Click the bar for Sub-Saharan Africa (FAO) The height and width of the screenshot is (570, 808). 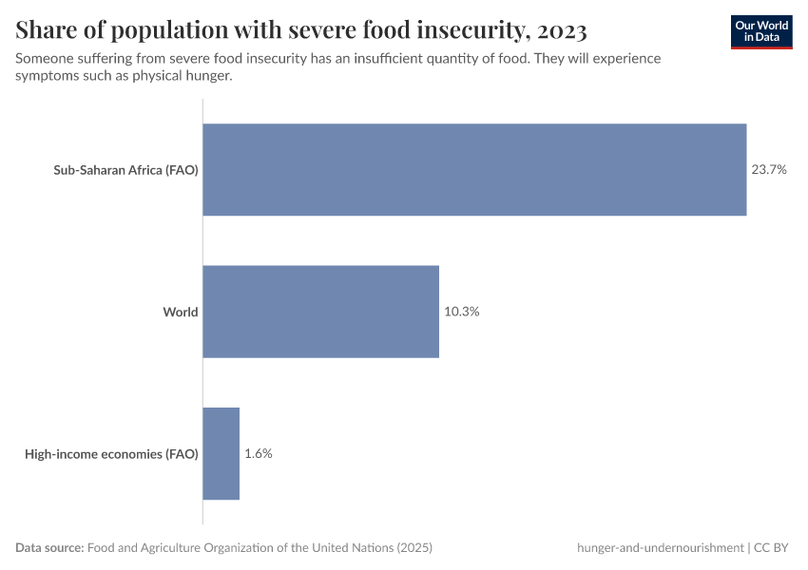click(474, 170)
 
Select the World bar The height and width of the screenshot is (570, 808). click(321, 312)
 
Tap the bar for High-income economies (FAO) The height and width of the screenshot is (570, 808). click(221, 453)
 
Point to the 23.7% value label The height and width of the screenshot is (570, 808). click(769, 170)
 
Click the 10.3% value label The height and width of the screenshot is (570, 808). click(461, 312)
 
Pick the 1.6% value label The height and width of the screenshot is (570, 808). click(259, 453)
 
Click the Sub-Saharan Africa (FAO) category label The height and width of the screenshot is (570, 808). click(125, 171)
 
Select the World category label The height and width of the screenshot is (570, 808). click(180, 312)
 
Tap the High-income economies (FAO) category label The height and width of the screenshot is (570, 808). click(111, 454)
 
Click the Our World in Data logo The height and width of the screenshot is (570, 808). click(761, 30)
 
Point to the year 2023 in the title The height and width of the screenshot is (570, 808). click(554, 31)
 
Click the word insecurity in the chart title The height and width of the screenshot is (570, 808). click(463, 31)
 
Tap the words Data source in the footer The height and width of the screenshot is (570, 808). click(49, 548)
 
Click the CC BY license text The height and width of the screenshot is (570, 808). click(774, 548)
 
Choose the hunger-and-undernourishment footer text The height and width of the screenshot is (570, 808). click(660, 548)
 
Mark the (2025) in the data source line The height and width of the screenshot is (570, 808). click(414, 548)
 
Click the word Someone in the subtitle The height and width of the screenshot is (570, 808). click(45, 59)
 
